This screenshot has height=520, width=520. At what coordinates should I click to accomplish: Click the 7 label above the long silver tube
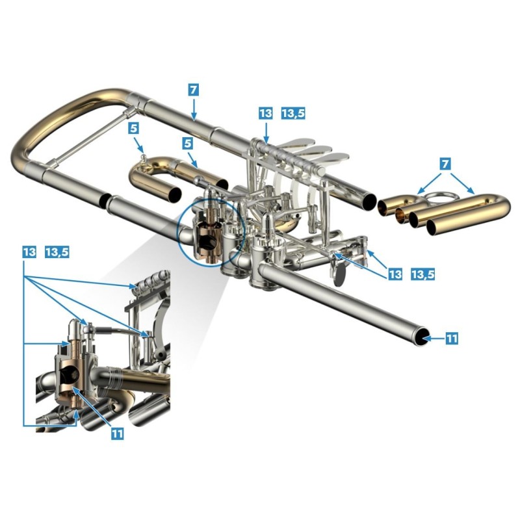(x=194, y=90)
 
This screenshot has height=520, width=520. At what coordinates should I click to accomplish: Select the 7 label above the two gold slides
(x=446, y=164)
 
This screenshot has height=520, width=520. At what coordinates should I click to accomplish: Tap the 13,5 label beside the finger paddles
(x=293, y=113)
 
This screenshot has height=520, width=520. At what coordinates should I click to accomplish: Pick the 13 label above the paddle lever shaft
(x=266, y=113)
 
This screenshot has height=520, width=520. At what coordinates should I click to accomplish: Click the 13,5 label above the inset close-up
(x=57, y=252)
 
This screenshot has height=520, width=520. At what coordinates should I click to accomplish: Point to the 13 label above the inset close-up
(x=29, y=252)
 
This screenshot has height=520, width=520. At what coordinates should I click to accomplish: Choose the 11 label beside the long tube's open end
(x=451, y=339)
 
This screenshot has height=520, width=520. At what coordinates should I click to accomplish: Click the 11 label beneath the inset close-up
(x=118, y=434)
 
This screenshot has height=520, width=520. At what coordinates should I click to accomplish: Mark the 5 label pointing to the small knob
(x=134, y=128)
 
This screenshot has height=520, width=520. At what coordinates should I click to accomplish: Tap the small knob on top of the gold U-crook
(x=143, y=156)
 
